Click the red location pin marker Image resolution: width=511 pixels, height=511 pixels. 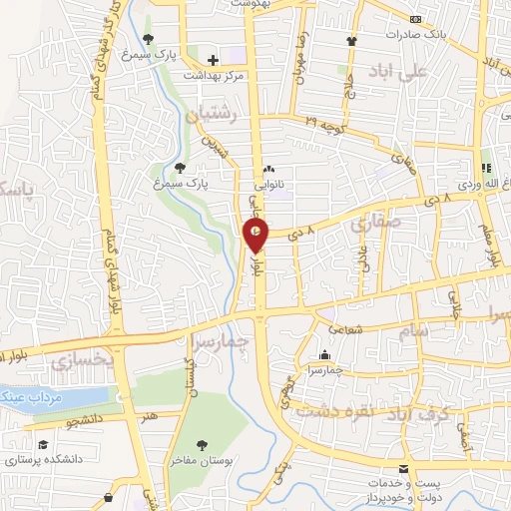(256, 235)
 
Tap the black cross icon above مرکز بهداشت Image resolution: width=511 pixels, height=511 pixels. (213, 60)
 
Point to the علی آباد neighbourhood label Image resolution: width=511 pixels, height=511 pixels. (424, 71)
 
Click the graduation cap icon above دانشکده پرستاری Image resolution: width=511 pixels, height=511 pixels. (43, 445)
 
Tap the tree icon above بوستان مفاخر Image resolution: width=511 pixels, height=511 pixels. (203, 444)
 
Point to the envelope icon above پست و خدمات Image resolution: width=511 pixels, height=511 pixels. (403, 469)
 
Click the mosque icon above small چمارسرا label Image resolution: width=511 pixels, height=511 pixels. (325, 355)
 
